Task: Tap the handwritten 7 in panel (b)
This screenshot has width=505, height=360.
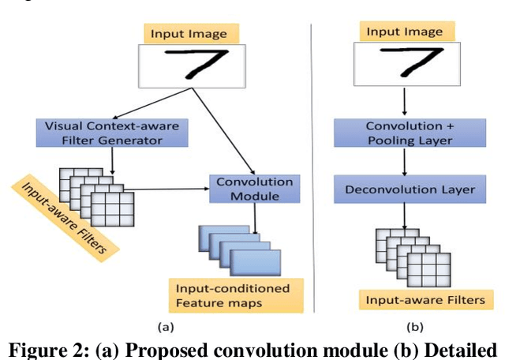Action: [x=405, y=62]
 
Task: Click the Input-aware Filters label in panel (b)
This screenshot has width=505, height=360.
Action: [x=408, y=299]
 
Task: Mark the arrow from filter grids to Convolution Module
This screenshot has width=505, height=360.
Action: [x=166, y=188]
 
